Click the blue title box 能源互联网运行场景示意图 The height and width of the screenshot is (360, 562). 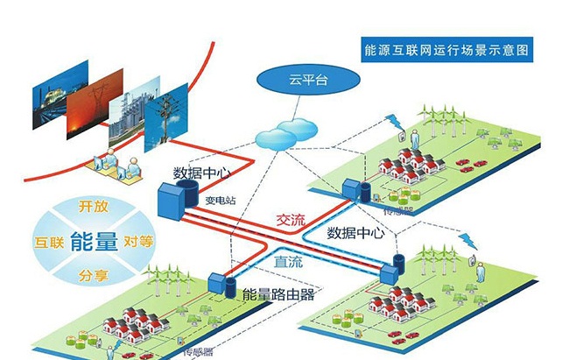click(447, 51)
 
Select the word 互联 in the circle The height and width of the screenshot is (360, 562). click(48, 240)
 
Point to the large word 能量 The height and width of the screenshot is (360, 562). click(92, 241)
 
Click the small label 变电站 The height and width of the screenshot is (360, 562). click(221, 198)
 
